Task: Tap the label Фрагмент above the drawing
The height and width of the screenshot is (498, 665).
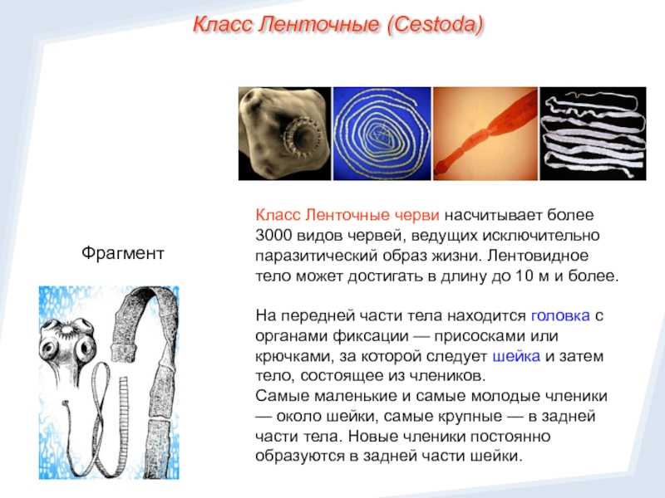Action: pyautogui.click(x=122, y=253)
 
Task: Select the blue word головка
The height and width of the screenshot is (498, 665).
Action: pyautogui.click(x=560, y=315)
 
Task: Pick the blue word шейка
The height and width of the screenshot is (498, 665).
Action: pyautogui.click(x=516, y=356)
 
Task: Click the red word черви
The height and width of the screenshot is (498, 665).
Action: pyautogui.click(x=417, y=215)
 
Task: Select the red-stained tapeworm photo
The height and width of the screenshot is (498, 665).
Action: pyautogui.click(x=485, y=134)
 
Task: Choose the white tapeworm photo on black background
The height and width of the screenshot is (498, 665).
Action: pyautogui.click(x=593, y=134)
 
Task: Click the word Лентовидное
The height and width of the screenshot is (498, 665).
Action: pyautogui.click(x=538, y=256)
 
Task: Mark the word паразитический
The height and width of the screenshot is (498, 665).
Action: pyautogui.click(x=317, y=256)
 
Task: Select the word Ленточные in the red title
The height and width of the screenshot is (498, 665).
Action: pyautogui.click(x=319, y=25)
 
